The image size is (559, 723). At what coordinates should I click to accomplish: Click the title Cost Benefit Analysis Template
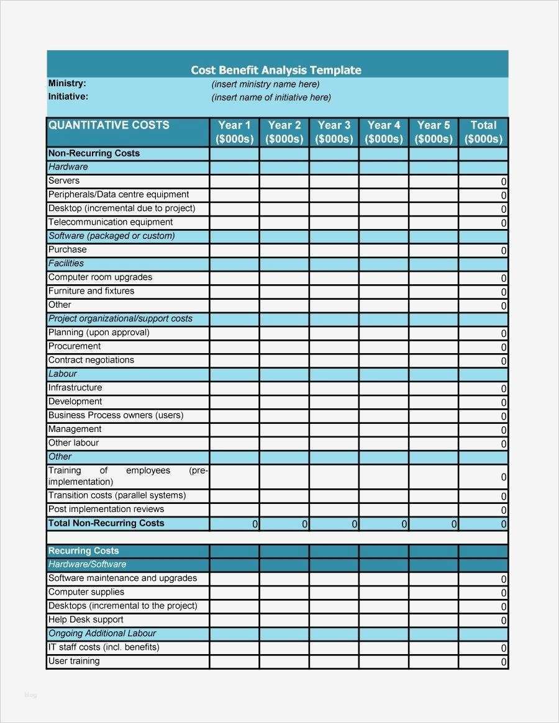click(x=276, y=70)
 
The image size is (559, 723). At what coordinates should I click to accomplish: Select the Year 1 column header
click(x=234, y=132)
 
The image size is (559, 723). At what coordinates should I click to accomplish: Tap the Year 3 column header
click(x=334, y=132)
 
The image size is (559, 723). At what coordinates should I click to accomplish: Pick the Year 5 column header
click(x=434, y=132)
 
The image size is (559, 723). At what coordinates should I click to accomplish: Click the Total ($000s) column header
click(x=483, y=132)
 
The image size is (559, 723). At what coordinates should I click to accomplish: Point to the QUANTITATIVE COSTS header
click(x=109, y=125)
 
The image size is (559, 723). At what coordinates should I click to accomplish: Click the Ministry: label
click(x=67, y=83)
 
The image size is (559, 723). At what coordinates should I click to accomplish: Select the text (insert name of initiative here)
click(x=271, y=97)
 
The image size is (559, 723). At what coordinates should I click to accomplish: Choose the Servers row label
click(x=64, y=181)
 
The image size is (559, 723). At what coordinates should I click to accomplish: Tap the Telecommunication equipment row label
click(x=111, y=222)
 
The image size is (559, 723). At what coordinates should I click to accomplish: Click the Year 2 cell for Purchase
click(x=284, y=250)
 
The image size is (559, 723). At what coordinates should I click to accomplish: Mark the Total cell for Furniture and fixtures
click(x=483, y=292)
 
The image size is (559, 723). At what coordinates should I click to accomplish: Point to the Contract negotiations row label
click(x=91, y=360)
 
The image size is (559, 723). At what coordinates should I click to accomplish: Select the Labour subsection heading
click(x=63, y=374)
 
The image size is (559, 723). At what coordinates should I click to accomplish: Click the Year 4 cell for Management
click(x=384, y=429)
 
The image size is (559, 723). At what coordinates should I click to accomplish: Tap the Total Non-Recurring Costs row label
click(x=106, y=523)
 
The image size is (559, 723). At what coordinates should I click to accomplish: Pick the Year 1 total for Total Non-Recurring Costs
click(x=234, y=524)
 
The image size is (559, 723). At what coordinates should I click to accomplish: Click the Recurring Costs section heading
click(x=83, y=550)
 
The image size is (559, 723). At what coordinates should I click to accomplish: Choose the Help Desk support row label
click(x=86, y=619)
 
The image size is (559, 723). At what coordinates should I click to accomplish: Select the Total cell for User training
click(x=483, y=662)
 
